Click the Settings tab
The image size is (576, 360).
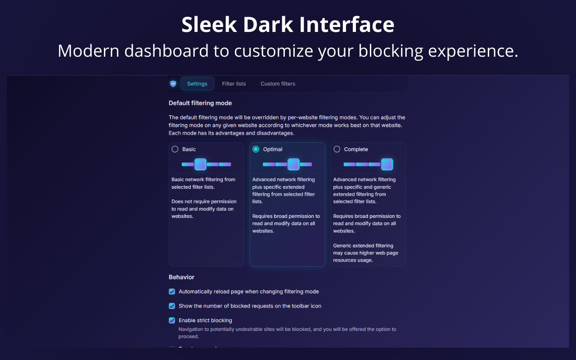pos(197,84)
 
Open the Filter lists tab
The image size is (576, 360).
pos(234,84)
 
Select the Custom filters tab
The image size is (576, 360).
pos(278,84)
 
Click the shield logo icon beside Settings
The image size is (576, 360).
pos(173,84)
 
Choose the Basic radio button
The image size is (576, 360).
pos(175,149)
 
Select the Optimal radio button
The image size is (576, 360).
pos(256,149)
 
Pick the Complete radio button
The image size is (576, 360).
pos(337,149)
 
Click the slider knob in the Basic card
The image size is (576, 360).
pos(200,164)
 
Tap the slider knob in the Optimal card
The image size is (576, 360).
pos(293,164)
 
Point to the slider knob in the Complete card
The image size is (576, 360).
pos(387,164)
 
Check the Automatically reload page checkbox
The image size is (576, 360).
pos(172,292)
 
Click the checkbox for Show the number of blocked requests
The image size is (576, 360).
pos(172,306)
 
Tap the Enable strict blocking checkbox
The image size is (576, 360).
pos(172,320)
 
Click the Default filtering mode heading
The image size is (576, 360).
pos(200,103)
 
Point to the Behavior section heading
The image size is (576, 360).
pos(181,277)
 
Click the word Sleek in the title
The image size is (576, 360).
pos(209,24)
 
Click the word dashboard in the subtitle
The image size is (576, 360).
pos(166,51)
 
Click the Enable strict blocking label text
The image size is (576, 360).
pos(205,320)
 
